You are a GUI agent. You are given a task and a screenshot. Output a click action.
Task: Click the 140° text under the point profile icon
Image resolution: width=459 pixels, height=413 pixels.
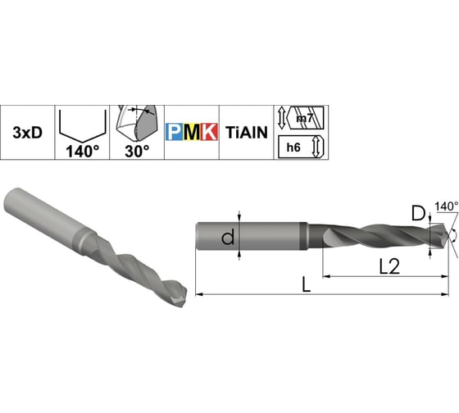[x=80, y=151]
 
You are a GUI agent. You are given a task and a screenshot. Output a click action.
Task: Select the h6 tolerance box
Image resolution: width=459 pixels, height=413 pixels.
[x=296, y=147]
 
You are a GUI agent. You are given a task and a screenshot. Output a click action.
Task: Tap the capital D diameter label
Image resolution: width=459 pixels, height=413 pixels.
[x=418, y=215]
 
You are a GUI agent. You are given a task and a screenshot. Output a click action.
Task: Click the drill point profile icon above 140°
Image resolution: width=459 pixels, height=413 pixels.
[x=80, y=124]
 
